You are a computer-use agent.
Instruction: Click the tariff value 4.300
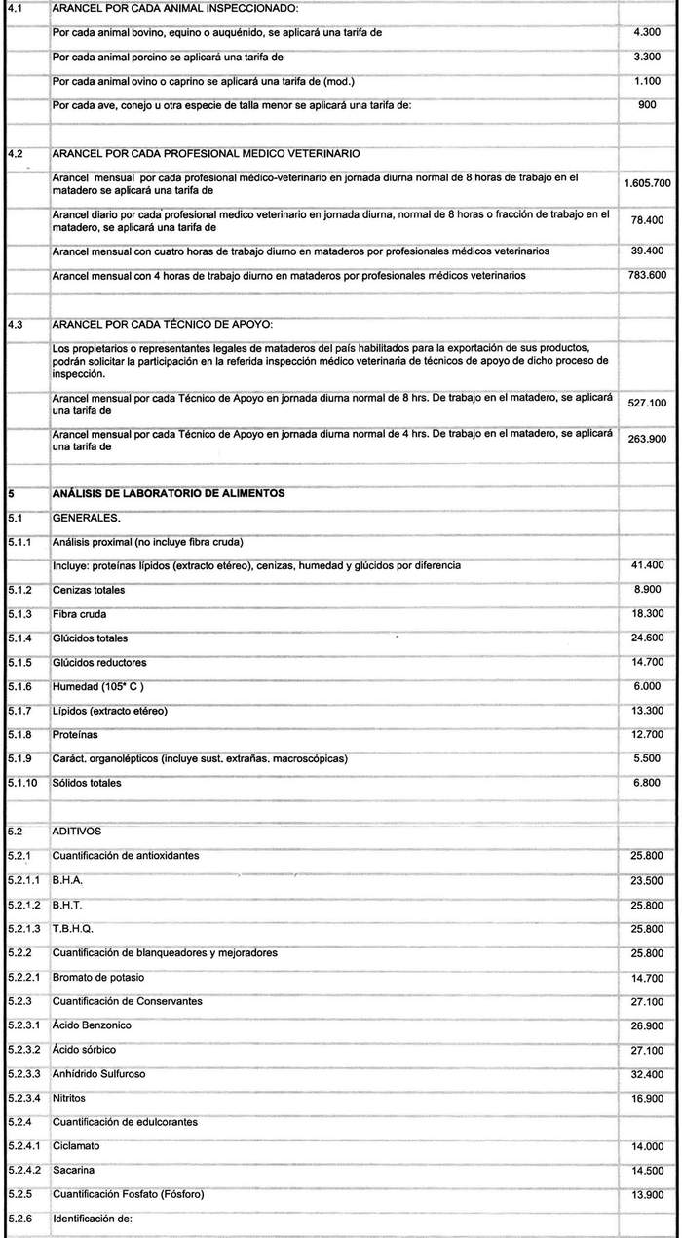point(647,33)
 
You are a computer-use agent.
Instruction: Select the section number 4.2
point(15,154)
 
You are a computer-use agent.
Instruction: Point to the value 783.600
point(647,276)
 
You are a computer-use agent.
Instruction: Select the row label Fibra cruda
point(80,614)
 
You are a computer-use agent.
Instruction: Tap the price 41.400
point(647,565)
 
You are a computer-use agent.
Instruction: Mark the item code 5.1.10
point(23,783)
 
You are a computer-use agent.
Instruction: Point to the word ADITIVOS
point(76,831)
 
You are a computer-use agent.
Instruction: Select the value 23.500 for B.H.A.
point(647,879)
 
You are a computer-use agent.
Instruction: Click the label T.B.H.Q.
point(73,927)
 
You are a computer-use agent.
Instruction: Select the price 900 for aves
point(647,105)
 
